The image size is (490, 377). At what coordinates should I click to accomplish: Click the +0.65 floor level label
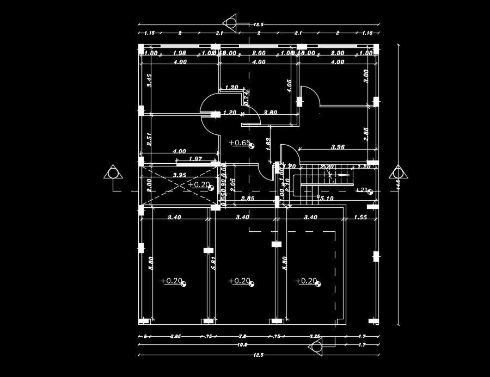pyautogui.click(x=240, y=143)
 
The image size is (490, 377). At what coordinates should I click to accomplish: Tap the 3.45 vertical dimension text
pyautogui.click(x=149, y=81)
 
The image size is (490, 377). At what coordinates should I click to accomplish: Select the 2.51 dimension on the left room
pyautogui.click(x=149, y=138)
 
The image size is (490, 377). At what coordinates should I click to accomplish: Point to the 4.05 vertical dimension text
pyautogui.click(x=289, y=86)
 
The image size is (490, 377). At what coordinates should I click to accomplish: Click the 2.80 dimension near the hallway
pyautogui.click(x=271, y=113)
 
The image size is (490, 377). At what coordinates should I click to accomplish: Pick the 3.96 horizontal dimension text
pyautogui.click(x=339, y=147)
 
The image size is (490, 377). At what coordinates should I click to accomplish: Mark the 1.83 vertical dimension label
pyautogui.click(x=268, y=143)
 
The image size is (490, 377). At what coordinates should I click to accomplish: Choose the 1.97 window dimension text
pyautogui.click(x=195, y=159)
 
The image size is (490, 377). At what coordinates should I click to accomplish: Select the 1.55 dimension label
pyautogui.click(x=360, y=217)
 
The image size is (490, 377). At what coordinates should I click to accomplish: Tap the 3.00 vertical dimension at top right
pyautogui.click(x=366, y=75)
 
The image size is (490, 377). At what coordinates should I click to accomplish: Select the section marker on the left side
pyautogui.click(x=113, y=174)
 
